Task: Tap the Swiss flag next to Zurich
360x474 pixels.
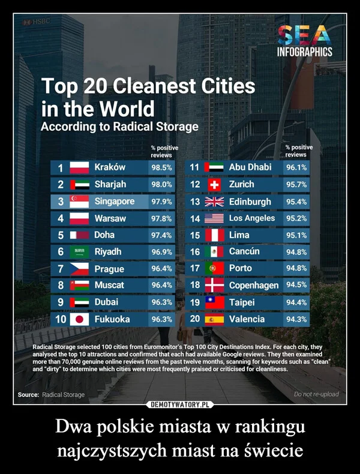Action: (214, 184)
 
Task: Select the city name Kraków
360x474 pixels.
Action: (110, 167)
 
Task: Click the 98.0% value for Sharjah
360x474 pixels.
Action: (162, 184)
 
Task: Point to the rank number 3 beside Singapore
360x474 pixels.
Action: (61, 202)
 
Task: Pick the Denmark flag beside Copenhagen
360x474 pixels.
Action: (214, 285)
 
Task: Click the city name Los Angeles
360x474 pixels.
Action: (252, 218)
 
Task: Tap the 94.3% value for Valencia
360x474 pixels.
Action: (297, 319)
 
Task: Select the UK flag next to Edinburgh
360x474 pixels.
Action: (214, 202)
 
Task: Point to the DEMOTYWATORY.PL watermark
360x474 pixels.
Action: (180, 404)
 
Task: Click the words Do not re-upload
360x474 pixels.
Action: (316, 394)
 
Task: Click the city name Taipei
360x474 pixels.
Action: (242, 302)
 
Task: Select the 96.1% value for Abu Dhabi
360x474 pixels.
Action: (297, 167)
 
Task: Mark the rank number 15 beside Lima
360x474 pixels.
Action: (194, 235)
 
